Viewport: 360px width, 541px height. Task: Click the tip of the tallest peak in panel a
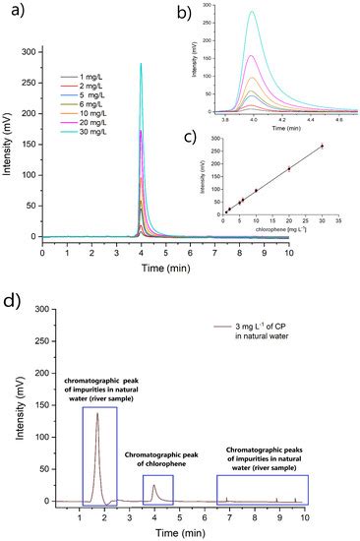pos(141,63)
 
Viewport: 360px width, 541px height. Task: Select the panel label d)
pos(14,293)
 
